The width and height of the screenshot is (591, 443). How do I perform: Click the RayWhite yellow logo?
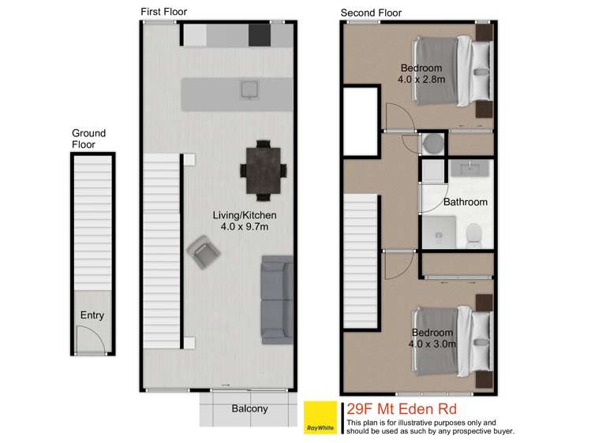(x=320, y=418)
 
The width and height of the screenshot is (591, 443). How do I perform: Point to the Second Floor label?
(x=371, y=13)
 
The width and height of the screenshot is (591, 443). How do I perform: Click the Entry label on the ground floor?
(x=92, y=315)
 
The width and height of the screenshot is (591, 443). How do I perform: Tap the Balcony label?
(x=249, y=408)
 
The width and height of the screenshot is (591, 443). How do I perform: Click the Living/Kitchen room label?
(x=245, y=214)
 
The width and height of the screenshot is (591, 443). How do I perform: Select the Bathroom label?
(x=465, y=202)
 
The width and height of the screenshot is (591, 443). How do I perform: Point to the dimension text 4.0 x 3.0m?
(x=431, y=344)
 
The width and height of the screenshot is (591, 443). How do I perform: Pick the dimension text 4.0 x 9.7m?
(x=245, y=227)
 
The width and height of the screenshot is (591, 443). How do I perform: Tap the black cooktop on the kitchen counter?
(x=259, y=35)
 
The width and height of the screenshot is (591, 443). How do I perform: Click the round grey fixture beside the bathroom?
(x=432, y=144)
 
